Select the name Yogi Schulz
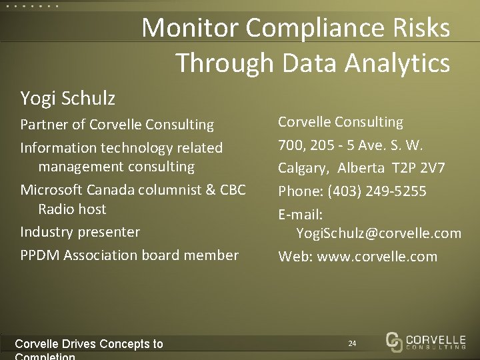(x=68, y=99)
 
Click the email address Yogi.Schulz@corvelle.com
(x=379, y=233)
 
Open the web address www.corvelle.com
(x=377, y=256)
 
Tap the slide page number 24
(x=352, y=343)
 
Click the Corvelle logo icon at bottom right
(x=395, y=341)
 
